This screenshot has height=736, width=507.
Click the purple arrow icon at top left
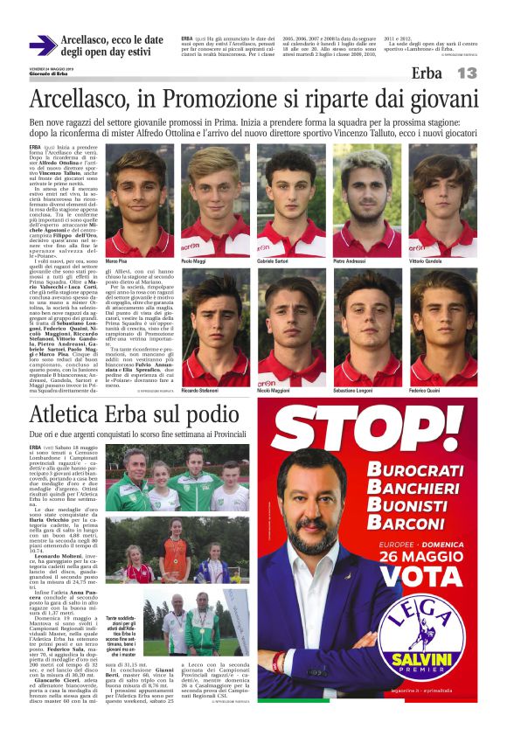(43, 45)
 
